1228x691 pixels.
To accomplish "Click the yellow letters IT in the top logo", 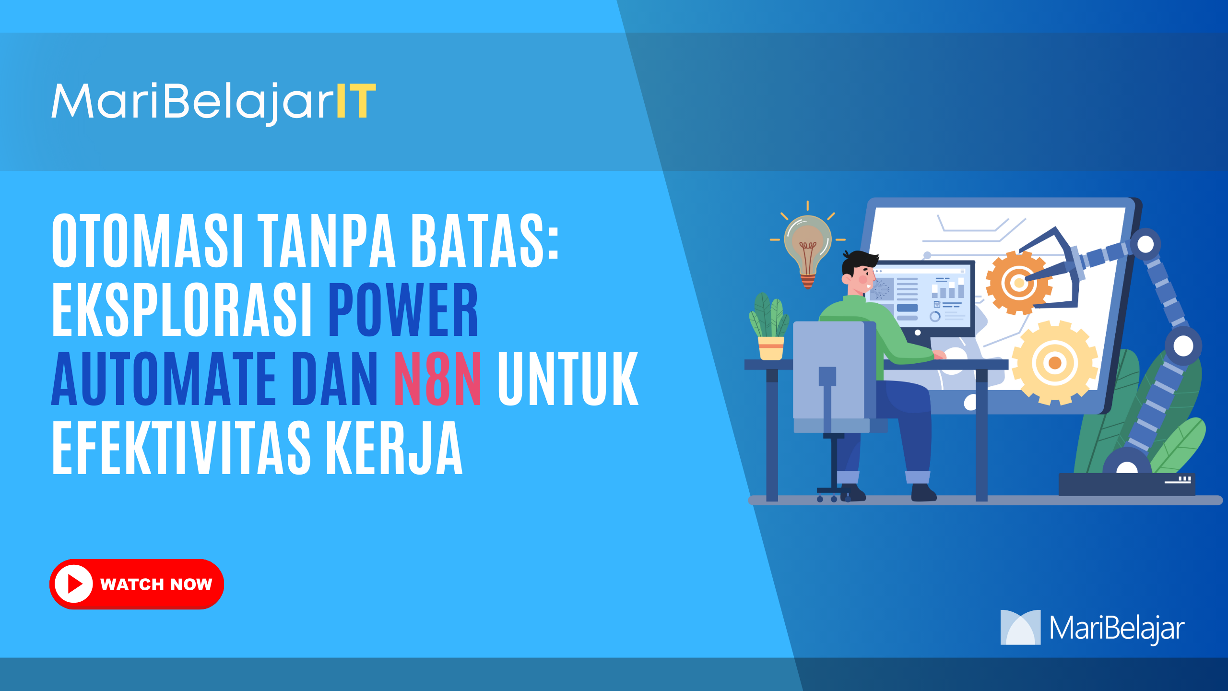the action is [x=356, y=101].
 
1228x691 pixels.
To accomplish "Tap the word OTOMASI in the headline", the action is [x=147, y=240].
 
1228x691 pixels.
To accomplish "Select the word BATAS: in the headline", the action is [x=485, y=240].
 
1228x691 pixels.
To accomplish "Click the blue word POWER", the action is [x=403, y=309].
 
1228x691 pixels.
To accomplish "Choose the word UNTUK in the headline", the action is [x=568, y=379].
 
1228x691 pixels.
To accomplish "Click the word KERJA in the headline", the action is [x=394, y=448].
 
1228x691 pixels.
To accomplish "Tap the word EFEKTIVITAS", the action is [x=181, y=448].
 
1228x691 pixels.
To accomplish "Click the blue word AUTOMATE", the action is [x=164, y=379].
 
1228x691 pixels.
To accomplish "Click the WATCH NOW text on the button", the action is [x=156, y=584].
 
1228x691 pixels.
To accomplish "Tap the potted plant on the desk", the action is [x=769, y=326].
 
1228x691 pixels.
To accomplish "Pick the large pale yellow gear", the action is [x=1054, y=362].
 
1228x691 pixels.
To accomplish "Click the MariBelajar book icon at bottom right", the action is [x=1020, y=627].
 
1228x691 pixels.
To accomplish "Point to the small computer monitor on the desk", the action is [x=921, y=298].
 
